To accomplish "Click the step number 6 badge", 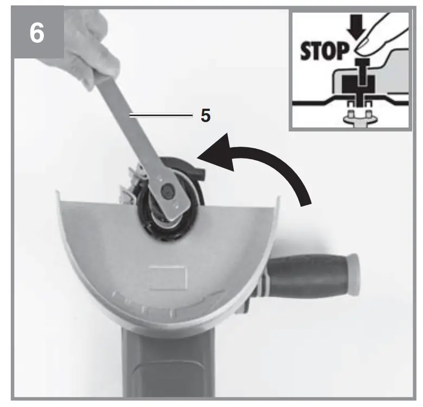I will [x=36, y=34].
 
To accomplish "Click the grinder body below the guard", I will [x=163, y=368].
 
